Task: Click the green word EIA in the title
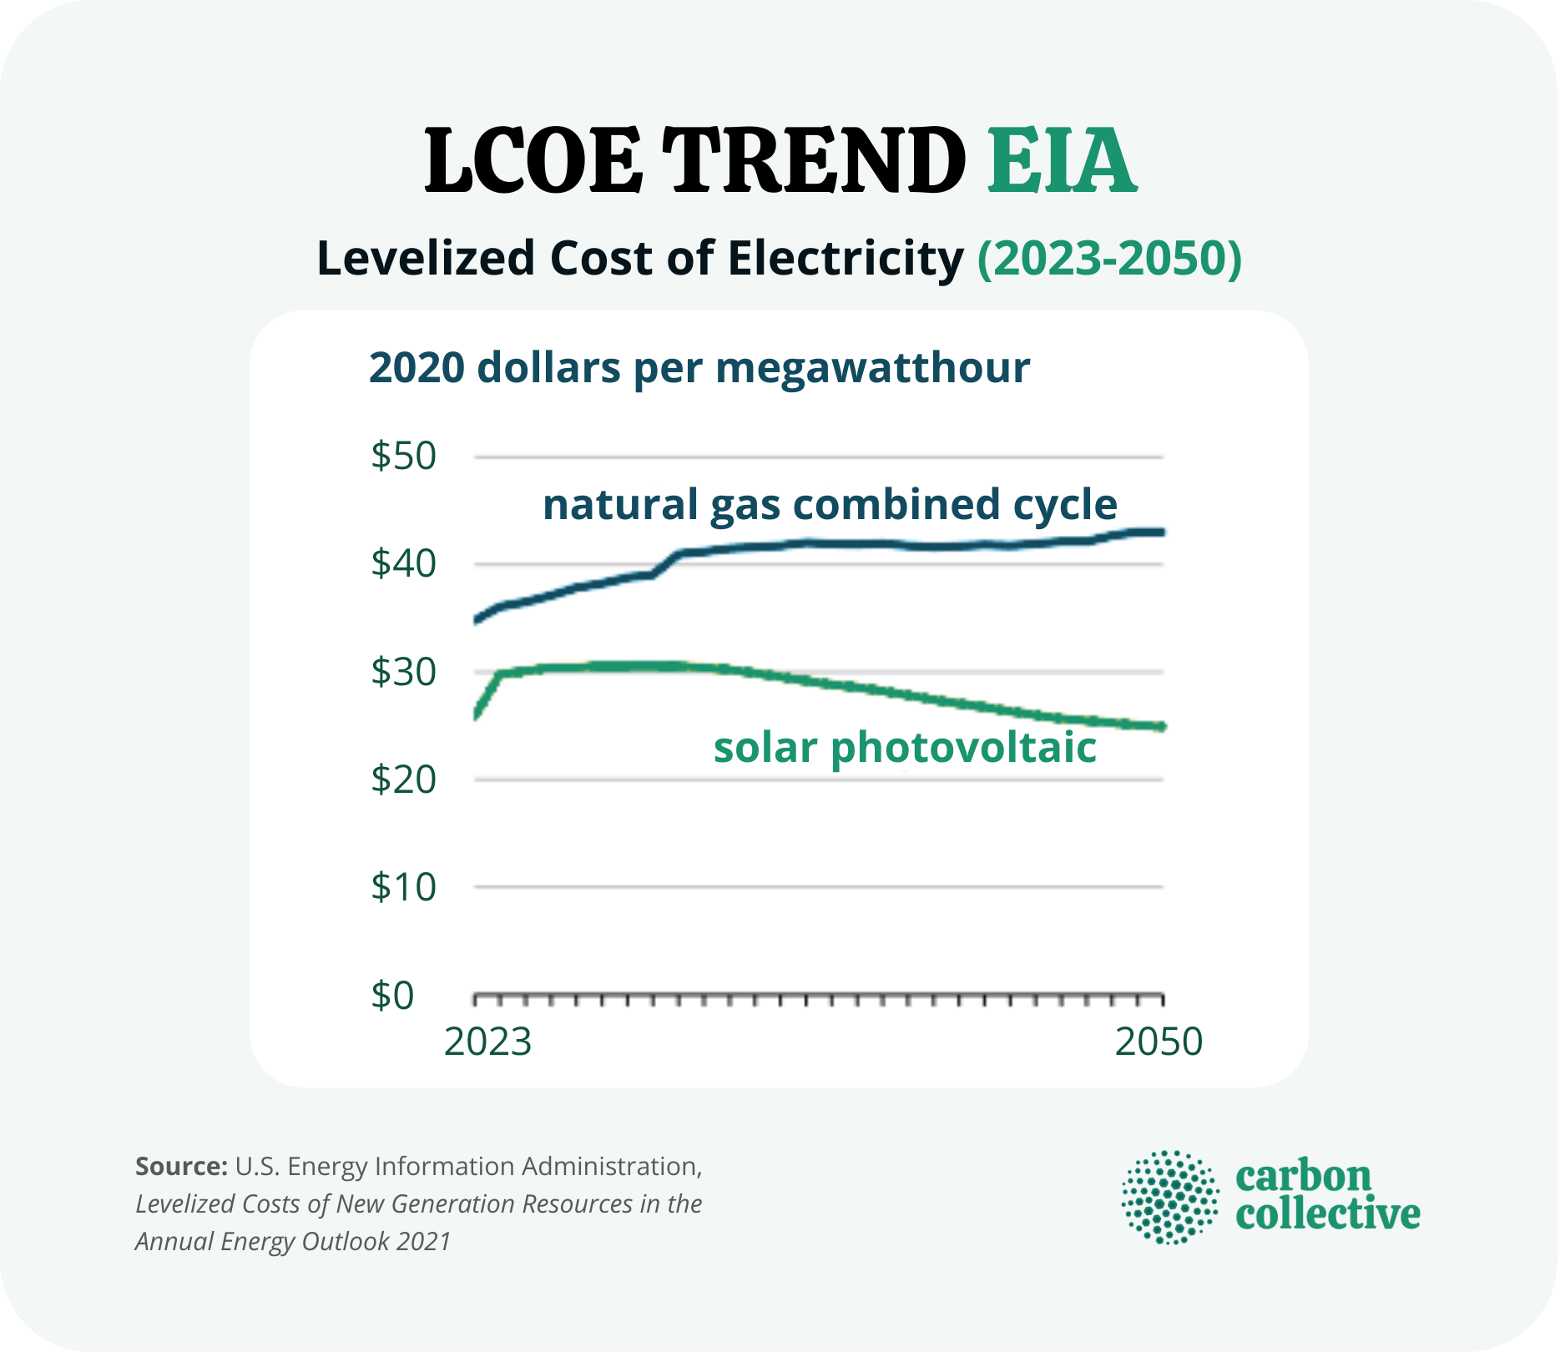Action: click(1061, 161)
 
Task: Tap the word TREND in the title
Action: click(814, 161)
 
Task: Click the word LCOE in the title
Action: click(534, 161)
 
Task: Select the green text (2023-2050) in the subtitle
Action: click(1109, 259)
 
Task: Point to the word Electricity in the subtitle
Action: click(846, 259)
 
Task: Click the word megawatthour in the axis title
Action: click(872, 369)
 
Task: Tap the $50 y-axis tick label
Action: click(404, 457)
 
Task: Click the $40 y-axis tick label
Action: click(404, 564)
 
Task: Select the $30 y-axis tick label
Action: click(404, 672)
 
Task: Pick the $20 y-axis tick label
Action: click(404, 779)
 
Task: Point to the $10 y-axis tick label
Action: click(404, 887)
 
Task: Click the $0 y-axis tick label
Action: click(392, 996)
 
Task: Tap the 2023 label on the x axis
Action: click(487, 1042)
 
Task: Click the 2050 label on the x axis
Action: click(1159, 1042)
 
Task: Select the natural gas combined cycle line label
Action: click(830, 505)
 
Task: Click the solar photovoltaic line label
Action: click(905, 748)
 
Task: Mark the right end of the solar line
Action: click(1161, 727)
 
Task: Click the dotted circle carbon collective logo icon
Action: click(1170, 1198)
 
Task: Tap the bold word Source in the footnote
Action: click(180, 1166)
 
